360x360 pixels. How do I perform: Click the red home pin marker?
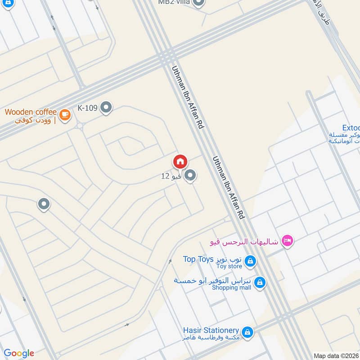(180, 161)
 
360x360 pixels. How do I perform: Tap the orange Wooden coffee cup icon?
(65, 115)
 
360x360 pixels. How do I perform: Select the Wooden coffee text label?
(31, 112)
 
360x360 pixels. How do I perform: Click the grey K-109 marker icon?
(106, 108)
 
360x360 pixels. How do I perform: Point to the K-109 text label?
(87, 108)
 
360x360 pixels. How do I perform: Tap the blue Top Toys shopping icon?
(250, 261)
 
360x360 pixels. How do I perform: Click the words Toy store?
(229, 266)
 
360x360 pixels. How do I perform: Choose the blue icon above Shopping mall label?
(259, 282)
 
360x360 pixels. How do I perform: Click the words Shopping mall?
(231, 288)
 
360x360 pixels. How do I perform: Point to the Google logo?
(19, 353)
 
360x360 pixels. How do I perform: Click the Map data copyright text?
(336, 356)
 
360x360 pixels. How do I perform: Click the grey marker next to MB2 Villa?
(199, 3)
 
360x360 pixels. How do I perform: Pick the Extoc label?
(350, 128)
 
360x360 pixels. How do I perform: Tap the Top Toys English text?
(198, 259)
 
